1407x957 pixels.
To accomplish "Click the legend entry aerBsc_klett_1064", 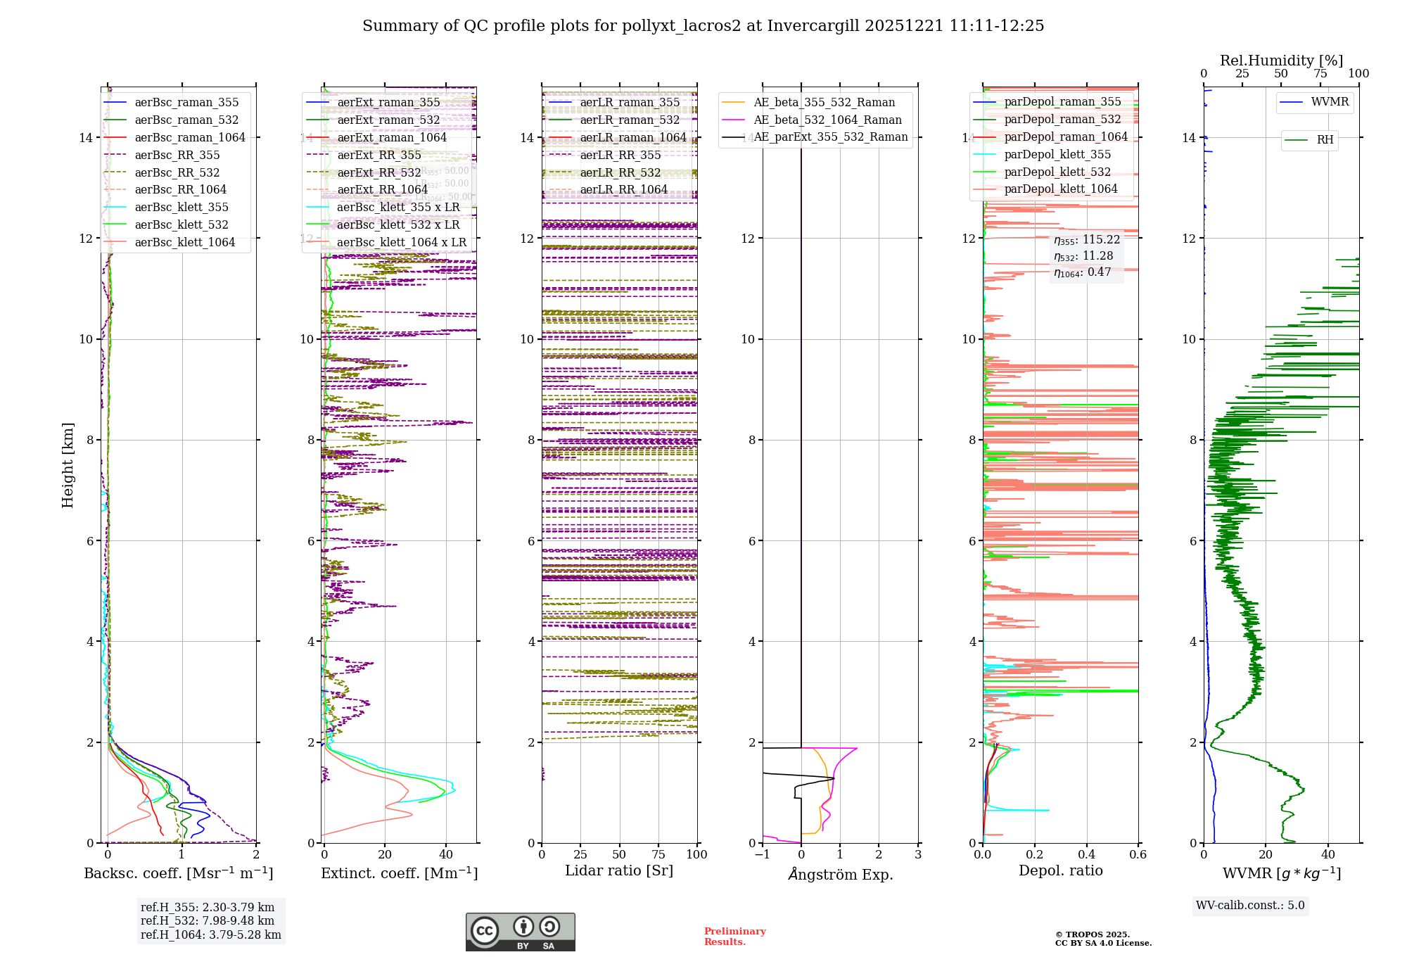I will coord(184,242).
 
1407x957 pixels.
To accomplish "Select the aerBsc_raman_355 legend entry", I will coord(186,103).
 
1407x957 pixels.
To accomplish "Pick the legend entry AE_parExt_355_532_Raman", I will coord(830,137).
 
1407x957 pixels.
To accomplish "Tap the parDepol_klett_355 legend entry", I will coord(1057,155).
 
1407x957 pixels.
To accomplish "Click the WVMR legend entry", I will coord(1330,102).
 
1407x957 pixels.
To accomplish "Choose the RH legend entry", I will coord(1325,140).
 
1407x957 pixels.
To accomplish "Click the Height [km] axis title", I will coord(68,465).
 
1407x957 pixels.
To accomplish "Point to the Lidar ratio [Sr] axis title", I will coord(619,871).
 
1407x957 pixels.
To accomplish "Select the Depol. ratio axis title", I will coord(1060,871).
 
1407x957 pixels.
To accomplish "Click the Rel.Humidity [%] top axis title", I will coord(1281,61).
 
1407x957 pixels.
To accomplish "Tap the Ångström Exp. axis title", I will coord(840,874).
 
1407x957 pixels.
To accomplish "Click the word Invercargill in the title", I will coord(813,26).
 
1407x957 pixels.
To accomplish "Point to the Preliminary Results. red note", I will coord(734,937).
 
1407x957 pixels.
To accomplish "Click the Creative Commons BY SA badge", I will coord(520,932).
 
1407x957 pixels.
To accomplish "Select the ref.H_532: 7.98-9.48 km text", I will coord(208,921).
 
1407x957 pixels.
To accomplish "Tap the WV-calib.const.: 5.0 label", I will coord(1250,906).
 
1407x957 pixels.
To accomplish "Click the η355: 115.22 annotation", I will coord(1087,240).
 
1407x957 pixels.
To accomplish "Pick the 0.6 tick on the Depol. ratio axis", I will coord(1138,855).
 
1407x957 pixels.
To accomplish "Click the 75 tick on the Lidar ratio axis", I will coord(658,855).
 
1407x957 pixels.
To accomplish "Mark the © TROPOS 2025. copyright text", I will coord(1093,934).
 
